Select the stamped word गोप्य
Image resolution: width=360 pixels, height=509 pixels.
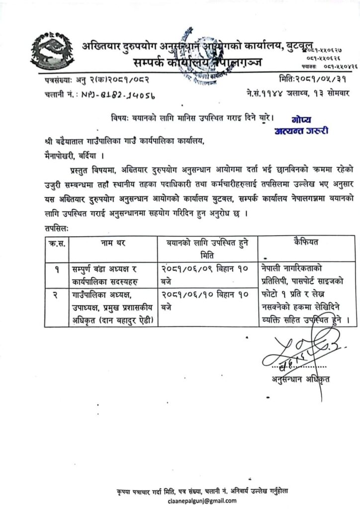click(x=300, y=120)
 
